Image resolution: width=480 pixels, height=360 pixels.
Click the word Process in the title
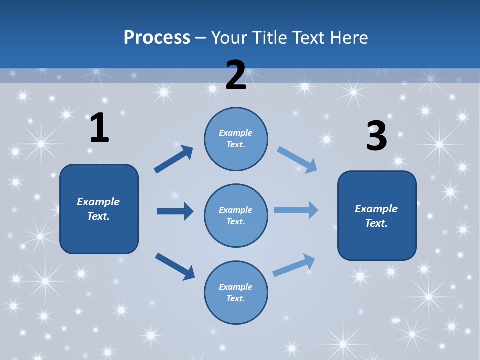(x=157, y=37)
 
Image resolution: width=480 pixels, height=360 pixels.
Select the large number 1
(x=99, y=128)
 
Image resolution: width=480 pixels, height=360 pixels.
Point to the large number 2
(x=236, y=75)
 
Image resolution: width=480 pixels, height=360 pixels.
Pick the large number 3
(x=376, y=136)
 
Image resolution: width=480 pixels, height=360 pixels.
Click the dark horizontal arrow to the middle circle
(x=175, y=211)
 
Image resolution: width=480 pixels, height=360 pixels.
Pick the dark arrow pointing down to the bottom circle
(x=175, y=266)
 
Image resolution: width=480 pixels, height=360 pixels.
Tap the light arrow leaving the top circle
(x=297, y=159)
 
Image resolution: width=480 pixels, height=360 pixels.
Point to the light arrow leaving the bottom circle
(x=294, y=265)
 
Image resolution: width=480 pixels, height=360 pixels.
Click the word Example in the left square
(x=98, y=202)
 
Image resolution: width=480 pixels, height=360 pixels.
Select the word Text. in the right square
(x=376, y=223)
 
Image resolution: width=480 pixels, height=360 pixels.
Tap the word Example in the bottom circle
(x=235, y=287)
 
